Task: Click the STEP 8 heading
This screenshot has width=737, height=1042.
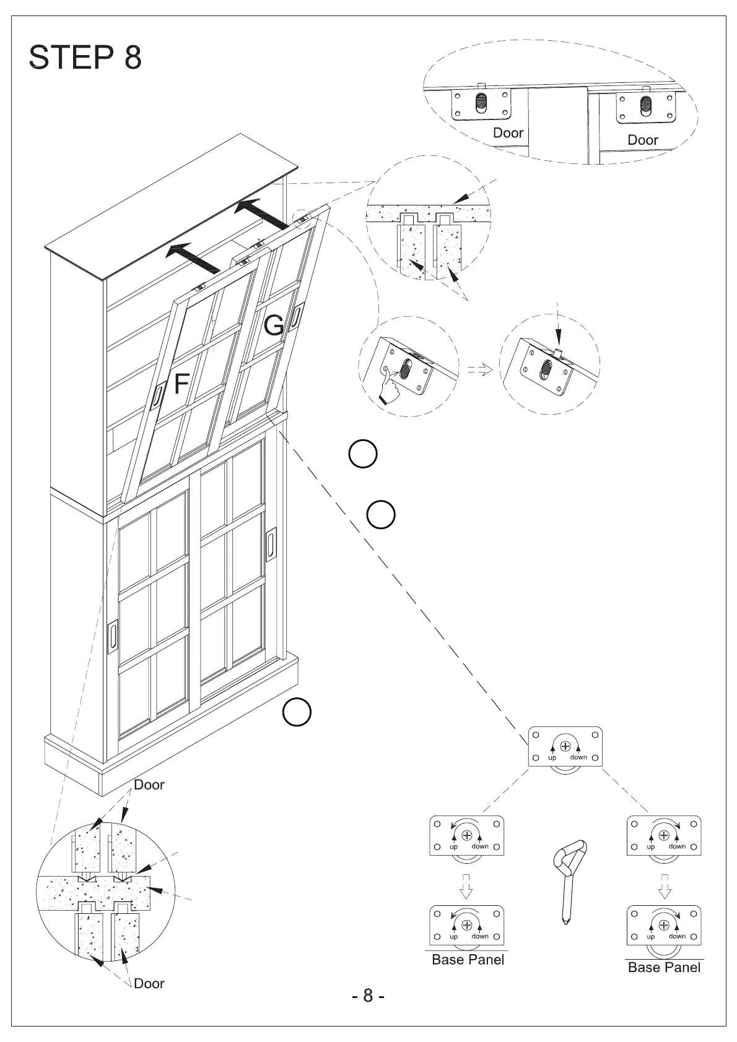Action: coord(85,58)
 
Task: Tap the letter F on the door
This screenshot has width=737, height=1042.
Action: coord(181,384)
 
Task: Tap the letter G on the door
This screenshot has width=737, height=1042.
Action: coord(274,325)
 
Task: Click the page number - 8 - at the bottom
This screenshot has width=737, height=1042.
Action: coord(368,996)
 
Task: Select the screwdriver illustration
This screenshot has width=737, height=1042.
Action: coord(569,879)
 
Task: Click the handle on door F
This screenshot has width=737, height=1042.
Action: coord(157,395)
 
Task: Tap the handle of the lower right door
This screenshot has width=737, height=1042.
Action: coord(271,545)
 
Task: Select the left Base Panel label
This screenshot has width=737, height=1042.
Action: coord(468,960)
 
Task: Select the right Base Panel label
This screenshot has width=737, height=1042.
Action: coord(664,968)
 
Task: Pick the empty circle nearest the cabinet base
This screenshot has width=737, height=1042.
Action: coord(297,713)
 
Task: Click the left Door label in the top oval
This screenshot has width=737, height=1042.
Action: coord(508,133)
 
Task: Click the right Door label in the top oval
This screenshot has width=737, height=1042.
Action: coord(642,140)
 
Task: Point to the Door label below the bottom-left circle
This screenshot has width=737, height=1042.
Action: coord(149,983)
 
